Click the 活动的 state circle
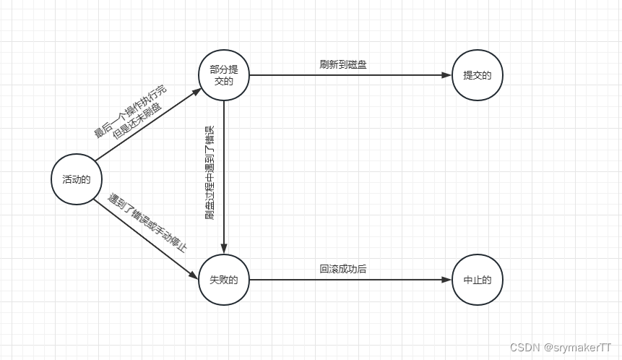point(76,179)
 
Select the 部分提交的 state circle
point(224,75)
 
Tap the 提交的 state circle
point(477,75)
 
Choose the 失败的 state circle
point(224,280)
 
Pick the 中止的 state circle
point(477,280)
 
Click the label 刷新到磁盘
point(343,64)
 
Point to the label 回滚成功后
point(343,269)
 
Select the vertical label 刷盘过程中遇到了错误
point(210,172)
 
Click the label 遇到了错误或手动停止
point(148,223)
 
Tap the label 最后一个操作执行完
point(129,111)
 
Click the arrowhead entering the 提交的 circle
point(446,75)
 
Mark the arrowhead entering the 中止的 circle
point(446,280)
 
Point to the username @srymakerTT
point(578,347)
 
